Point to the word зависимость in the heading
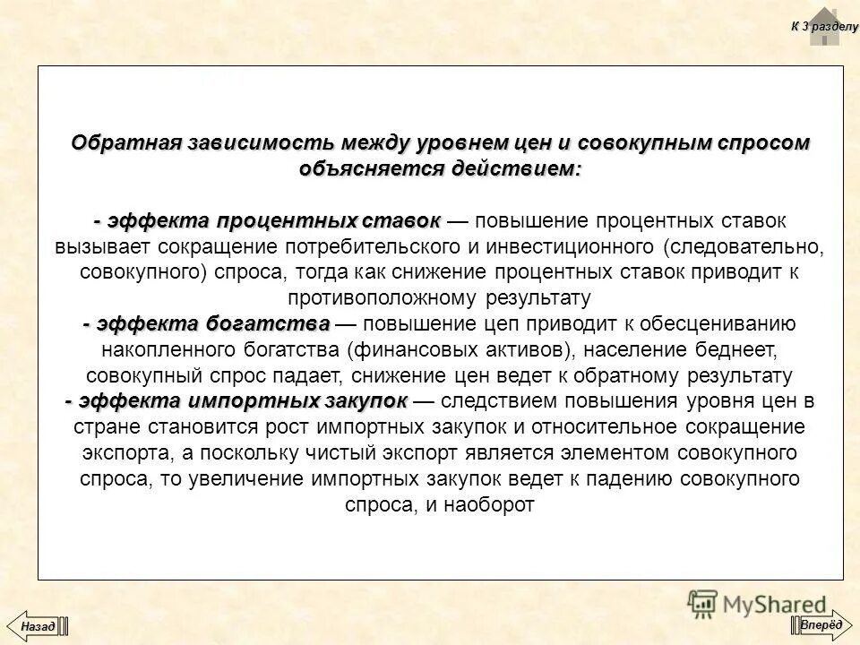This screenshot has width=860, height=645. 262,143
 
